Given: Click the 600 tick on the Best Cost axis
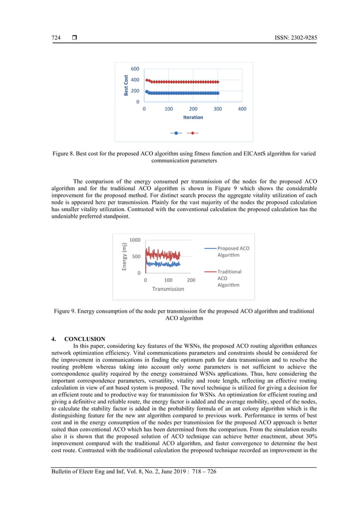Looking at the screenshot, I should click(135, 69).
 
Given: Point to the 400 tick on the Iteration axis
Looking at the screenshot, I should click(242, 108).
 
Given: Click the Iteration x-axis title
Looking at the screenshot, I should click(193, 117).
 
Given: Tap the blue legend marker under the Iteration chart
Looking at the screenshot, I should click(177, 133).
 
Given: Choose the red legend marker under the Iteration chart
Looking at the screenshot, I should click(193, 133).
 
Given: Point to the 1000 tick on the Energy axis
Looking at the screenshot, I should click(135, 240).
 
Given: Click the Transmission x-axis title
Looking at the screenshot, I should click(168, 289).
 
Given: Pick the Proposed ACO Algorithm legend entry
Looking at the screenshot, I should click(233, 252).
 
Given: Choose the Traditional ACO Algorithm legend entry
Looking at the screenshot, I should click(229, 278).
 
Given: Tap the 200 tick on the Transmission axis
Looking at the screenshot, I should click(191, 280).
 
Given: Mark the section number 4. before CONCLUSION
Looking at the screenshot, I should click(54, 339).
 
